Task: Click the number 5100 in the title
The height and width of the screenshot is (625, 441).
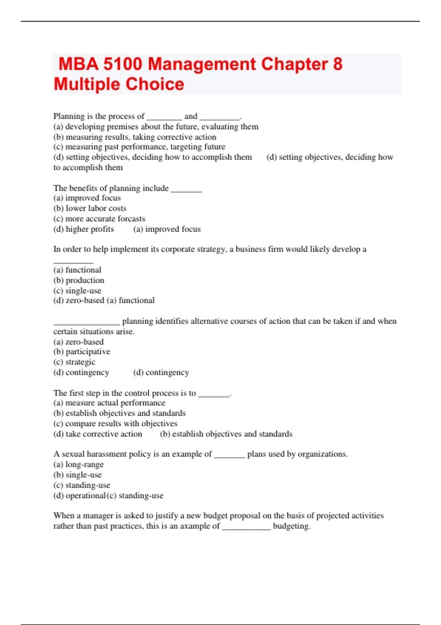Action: [x=122, y=64]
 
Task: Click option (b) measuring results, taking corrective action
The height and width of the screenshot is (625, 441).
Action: [x=135, y=137]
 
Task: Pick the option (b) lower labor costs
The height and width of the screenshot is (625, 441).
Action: [x=90, y=208]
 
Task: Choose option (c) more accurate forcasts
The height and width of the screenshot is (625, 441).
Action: [x=99, y=218]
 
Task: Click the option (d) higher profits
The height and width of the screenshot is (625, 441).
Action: [x=83, y=229]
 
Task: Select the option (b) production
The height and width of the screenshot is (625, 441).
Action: [x=79, y=280]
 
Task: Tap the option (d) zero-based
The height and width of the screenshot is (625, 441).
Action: [x=79, y=300]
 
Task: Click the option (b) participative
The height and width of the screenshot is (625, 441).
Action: [x=82, y=351]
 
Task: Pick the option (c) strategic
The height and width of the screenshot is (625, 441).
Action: [x=74, y=362]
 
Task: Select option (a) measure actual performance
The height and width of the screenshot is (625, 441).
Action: [x=109, y=403]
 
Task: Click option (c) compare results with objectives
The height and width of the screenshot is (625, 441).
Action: [x=115, y=424]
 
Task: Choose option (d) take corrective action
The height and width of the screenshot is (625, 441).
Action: [x=97, y=434]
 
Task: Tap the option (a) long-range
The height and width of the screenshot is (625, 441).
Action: [x=78, y=464]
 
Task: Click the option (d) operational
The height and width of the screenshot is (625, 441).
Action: [x=79, y=495]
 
